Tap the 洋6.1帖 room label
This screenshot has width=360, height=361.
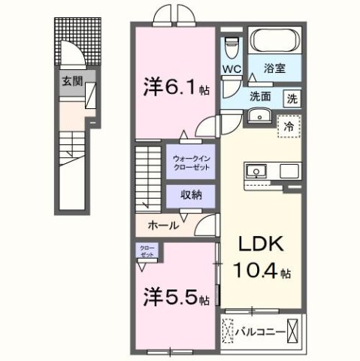click(x=174, y=87)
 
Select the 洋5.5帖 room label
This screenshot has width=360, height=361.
click(x=174, y=299)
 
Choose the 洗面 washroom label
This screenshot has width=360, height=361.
click(x=261, y=96)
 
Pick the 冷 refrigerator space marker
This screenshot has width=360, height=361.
click(x=289, y=127)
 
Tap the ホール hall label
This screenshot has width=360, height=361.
click(x=163, y=225)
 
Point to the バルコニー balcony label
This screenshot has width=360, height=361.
click(x=260, y=329)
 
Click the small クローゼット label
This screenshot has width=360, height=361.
click(x=146, y=251)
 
